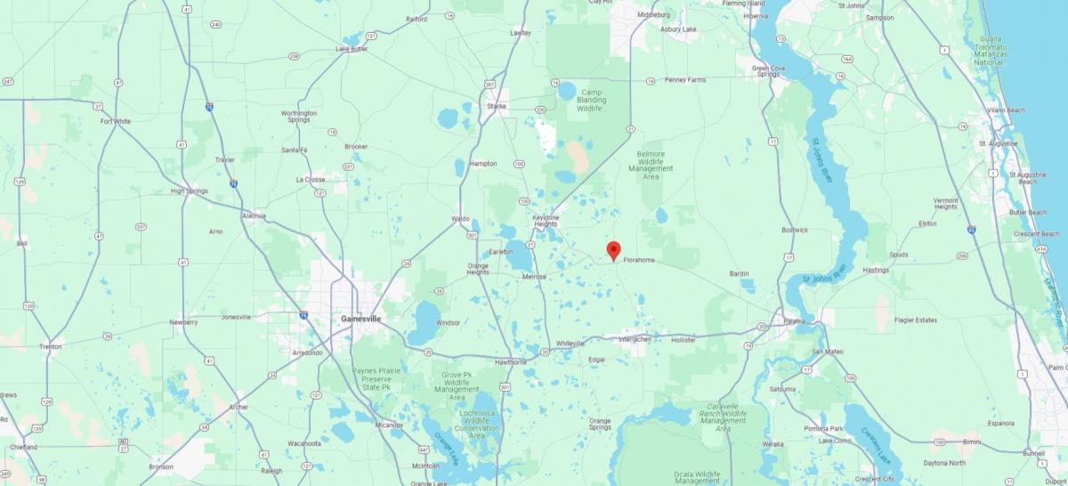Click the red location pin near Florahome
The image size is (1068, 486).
613,251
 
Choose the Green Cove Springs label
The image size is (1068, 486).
768,71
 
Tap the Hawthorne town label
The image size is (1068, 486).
511,362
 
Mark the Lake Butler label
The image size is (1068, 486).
352,49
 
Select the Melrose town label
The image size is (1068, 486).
534,277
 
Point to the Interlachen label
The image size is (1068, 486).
635,339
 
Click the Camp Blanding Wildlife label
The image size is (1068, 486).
592,100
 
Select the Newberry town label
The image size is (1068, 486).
183,322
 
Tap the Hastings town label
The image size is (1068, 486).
876,270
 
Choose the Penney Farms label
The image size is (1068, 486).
684,80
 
